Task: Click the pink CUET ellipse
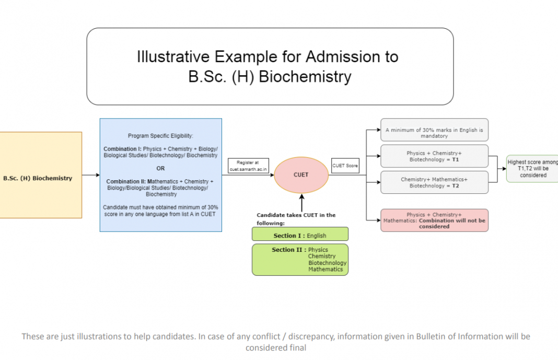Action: tap(301, 175)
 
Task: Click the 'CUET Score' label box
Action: tap(345, 166)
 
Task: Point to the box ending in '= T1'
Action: tap(434, 156)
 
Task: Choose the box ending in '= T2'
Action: tap(434, 182)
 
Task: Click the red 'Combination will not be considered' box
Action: tap(434, 220)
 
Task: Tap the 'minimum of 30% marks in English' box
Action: tap(434, 133)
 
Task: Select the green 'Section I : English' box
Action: tap(300, 236)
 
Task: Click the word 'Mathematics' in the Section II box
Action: tap(326, 270)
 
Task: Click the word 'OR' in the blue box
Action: tap(160, 168)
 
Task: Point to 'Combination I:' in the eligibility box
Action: tap(122, 149)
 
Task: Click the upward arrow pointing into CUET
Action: tap(301, 201)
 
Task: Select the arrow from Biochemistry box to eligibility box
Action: tap(90, 175)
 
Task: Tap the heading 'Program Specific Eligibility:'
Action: tap(160, 136)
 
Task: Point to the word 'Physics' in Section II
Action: tap(318, 250)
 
